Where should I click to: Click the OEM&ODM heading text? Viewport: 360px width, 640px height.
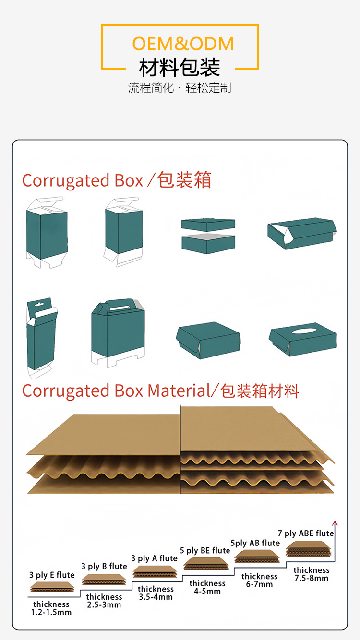click(183, 44)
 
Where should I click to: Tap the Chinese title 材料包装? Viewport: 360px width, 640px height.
click(180, 68)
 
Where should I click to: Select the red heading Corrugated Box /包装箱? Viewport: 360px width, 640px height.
click(117, 180)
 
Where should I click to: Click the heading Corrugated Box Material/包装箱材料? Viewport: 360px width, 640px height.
click(160, 391)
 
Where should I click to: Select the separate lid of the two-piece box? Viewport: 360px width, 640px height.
click(208, 225)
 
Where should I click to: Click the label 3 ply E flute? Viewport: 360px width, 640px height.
click(52, 575)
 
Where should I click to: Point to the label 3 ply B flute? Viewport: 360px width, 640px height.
click(104, 566)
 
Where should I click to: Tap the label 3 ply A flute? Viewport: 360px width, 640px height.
click(155, 558)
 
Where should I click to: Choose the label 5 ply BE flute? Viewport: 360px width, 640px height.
click(205, 550)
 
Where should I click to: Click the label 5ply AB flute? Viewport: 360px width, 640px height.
click(255, 543)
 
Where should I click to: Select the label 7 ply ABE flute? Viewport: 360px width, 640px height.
click(306, 533)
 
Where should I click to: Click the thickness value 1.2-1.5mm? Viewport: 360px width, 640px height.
click(51, 612)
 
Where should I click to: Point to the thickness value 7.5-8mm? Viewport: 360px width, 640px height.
click(312, 578)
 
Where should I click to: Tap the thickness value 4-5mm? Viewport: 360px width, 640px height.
click(207, 591)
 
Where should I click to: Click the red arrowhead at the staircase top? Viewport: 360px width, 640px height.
click(335, 523)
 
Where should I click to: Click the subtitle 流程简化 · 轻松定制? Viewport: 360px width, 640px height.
click(180, 88)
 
